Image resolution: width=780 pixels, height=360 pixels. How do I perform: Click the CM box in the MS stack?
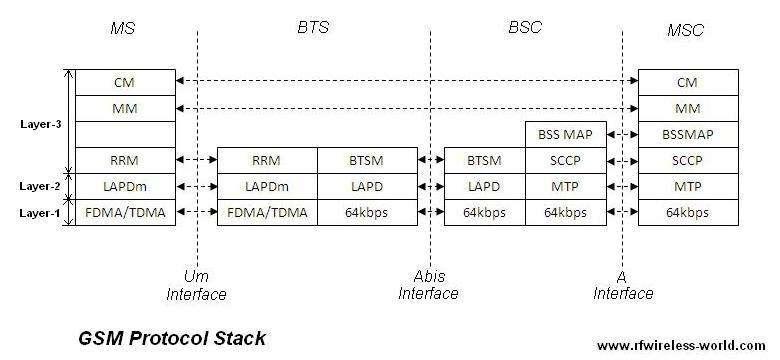pos(124,82)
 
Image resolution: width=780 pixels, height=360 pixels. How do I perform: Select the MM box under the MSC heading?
pos(686,108)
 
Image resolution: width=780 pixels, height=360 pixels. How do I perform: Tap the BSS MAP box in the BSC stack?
pos(565,134)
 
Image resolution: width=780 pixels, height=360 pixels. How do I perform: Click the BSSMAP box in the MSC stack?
pos(686,134)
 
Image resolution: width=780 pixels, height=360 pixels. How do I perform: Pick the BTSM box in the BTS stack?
pos(367,160)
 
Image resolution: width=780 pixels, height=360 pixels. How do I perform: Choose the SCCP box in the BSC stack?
pos(565,160)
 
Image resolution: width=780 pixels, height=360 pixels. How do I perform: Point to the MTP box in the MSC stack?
pos(686,186)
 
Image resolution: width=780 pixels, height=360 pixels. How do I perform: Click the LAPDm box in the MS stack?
pos(124,186)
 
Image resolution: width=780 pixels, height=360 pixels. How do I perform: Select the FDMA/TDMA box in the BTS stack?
pos(267,212)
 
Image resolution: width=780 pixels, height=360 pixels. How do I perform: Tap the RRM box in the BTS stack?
pos(267,160)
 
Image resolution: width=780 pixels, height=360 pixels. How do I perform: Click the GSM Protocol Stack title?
pos(171,338)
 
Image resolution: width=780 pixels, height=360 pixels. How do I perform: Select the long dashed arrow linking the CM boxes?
pos(405,82)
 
